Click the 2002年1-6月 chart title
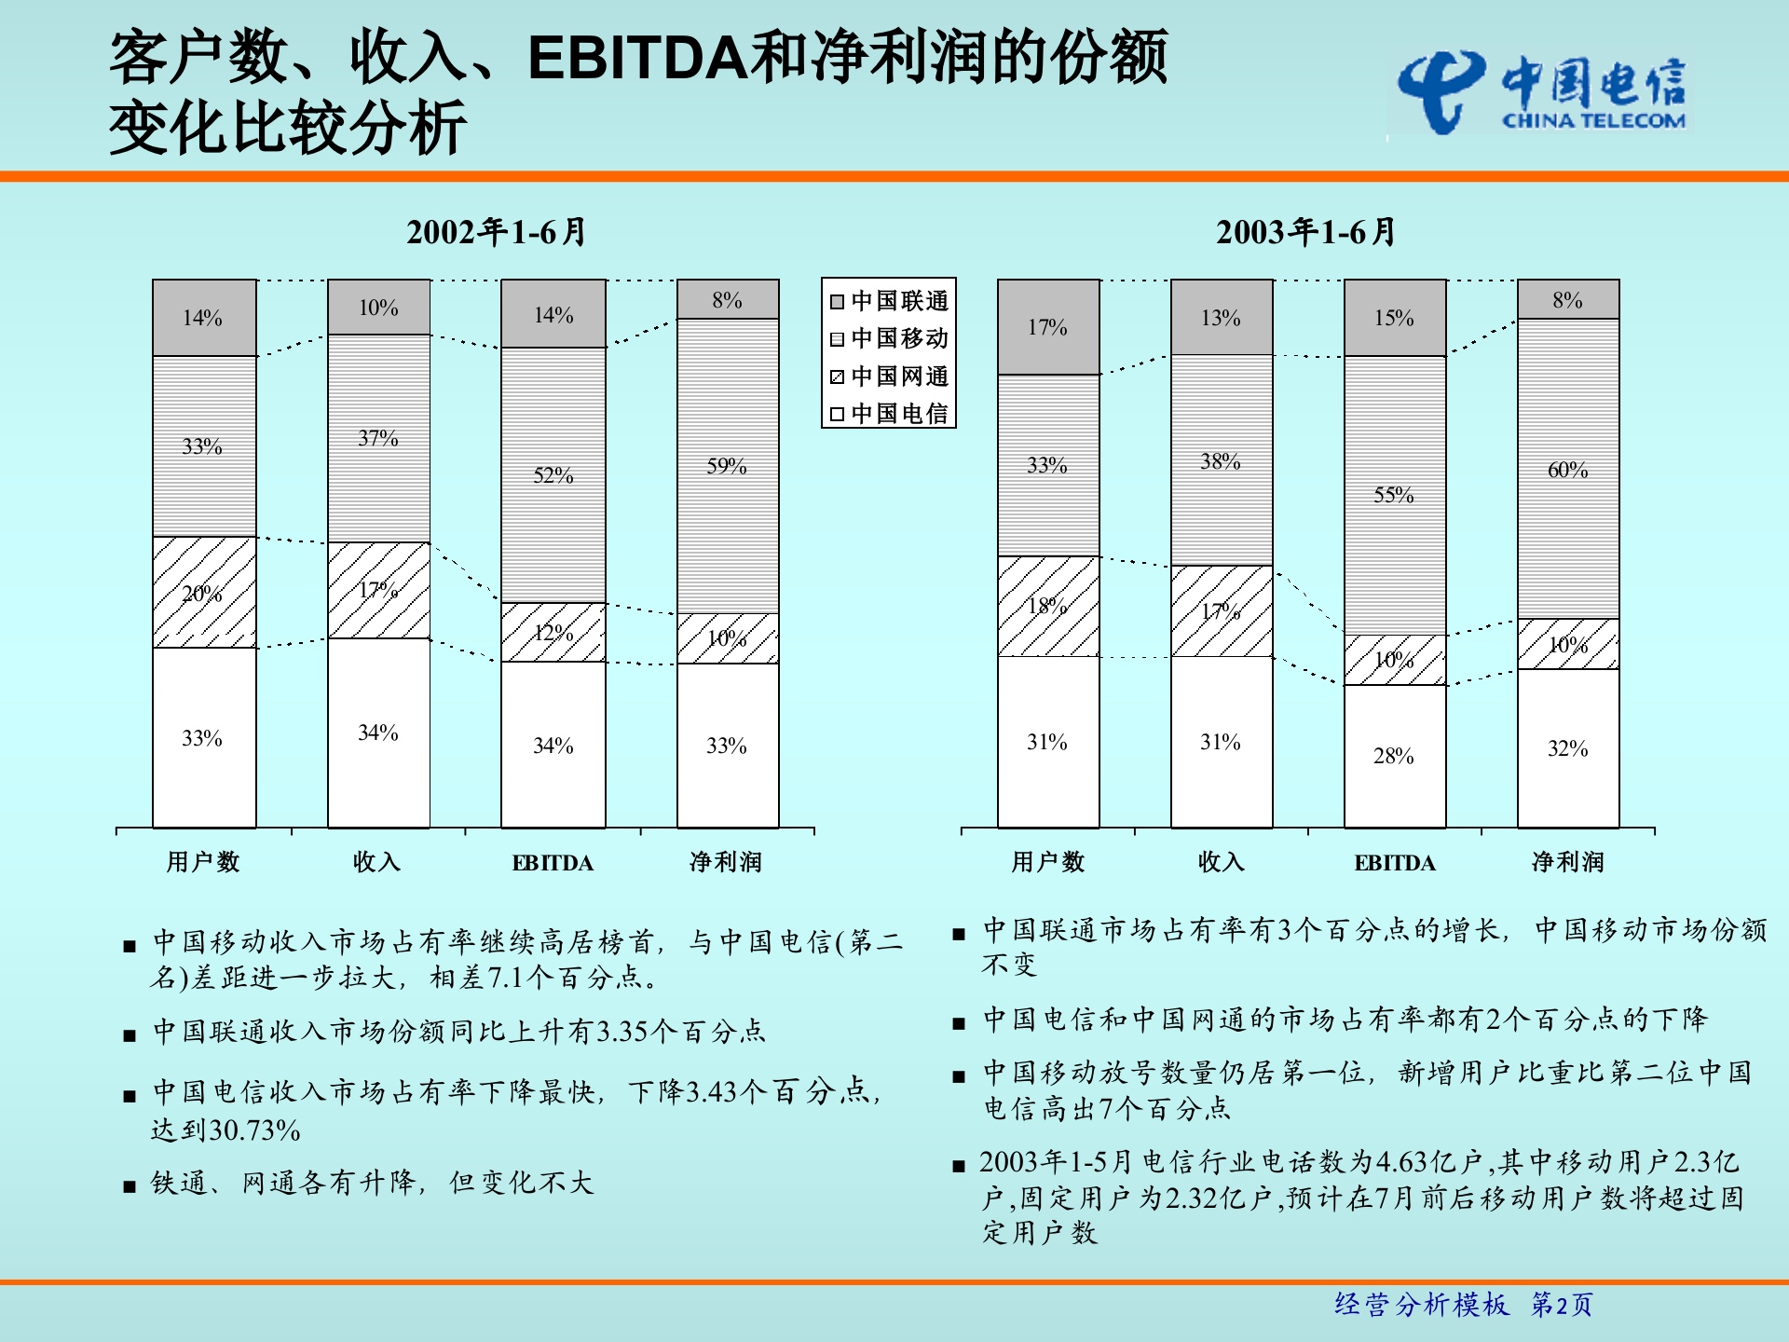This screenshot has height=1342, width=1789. click(496, 232)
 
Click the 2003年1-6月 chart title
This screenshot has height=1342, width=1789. click(1305, 232)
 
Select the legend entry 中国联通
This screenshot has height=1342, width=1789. click(889, 301)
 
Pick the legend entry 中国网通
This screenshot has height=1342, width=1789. click(889, 377)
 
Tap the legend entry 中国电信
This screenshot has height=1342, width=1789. click(889, 414)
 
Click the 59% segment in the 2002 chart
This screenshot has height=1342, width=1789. click(727, 466)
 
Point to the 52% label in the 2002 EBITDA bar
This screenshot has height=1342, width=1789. click(553, 475)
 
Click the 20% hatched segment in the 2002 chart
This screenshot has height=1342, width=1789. click(203, 593)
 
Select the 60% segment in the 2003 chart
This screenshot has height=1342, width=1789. click(1567, 470)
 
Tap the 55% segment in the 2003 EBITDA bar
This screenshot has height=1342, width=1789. click(1394, 495)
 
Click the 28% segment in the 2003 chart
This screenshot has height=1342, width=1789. click(1394, 756)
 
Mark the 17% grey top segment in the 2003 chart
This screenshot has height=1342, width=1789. click(1047, 327)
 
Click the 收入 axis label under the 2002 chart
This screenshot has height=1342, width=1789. click(377, 862)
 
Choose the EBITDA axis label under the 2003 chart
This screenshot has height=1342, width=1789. click(1395, 863)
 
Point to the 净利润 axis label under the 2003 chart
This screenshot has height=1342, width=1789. click(1568, 862)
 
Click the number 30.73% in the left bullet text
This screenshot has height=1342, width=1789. click(254, 1130)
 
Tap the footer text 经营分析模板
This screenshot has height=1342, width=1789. click(1422, 1305)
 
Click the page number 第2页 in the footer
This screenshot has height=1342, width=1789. click(1562, 1305)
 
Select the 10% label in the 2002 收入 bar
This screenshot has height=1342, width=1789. click(378, 308)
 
